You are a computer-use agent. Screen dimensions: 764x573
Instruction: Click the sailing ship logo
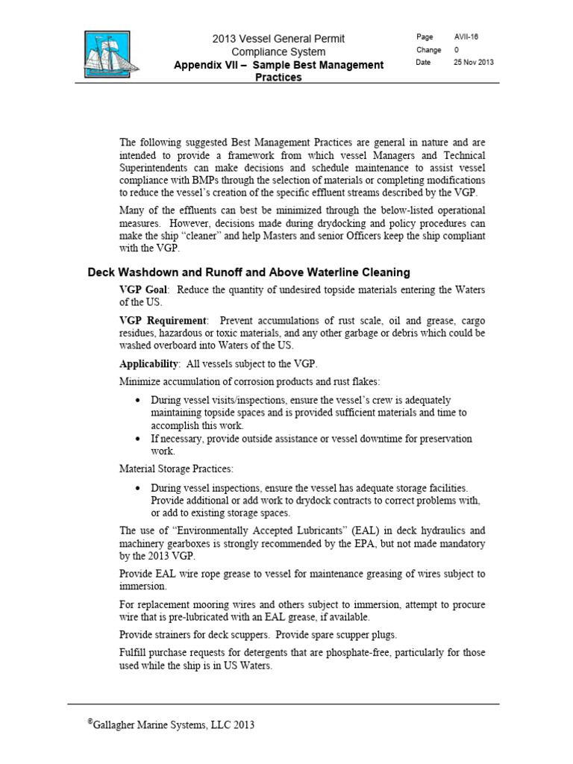pyautogui.click(x=104, y=56)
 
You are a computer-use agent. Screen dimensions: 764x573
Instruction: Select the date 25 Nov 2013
pyautogui.click(x=474, y=63)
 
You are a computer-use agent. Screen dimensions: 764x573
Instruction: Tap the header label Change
pyautogui.click(x=429, y=50)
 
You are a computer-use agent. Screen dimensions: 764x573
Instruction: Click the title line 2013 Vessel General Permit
pyautogui.click(x=278, y=38)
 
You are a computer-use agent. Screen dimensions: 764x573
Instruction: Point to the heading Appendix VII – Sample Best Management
pyautogui.click(x=278, y=65)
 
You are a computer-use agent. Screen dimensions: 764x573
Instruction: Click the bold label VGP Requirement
pyautogui.click(x=162, y=320)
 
